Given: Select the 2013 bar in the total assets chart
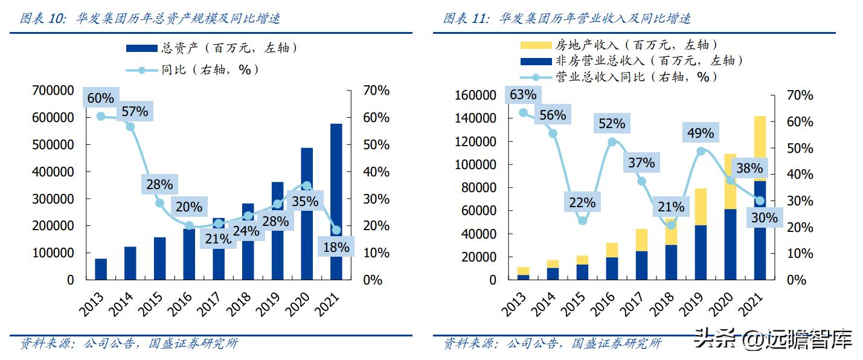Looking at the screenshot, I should [x=101, y=269].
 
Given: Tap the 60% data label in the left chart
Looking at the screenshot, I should [x=100, y=98].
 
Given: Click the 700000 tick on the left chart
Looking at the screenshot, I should [x=54, y=91].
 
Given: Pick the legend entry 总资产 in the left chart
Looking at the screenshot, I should [x=211, y=48].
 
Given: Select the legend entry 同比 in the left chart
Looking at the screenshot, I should [x=193, y=69].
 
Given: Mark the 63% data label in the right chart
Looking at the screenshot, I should [x=523, y=95].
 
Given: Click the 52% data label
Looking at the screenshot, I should [x=612, y=124].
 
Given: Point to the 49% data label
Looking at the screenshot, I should [x=701, y=133].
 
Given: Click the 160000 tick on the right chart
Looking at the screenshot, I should [x=476, y=95].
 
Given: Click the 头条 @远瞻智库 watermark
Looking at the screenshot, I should [x=773, y=339].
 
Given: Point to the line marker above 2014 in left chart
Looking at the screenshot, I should [x=130, y=127].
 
